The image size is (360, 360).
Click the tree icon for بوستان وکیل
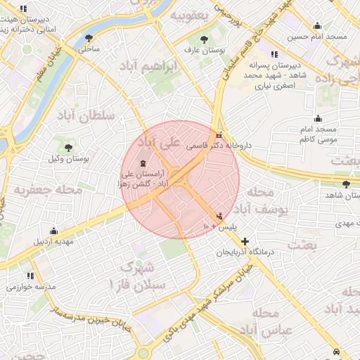(68, 148)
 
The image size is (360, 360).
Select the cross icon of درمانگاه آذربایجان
(245, 241)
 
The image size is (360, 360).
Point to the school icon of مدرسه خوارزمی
(30, 276)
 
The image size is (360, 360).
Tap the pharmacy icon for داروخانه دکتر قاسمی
(219, 136)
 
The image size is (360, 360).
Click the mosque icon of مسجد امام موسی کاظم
(318, 118)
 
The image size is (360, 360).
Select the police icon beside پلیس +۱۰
(220, 215)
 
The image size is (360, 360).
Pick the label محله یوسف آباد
(261, 200)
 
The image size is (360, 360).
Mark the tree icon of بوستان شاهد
(345, 184)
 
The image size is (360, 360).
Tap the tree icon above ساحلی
(88, 39)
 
